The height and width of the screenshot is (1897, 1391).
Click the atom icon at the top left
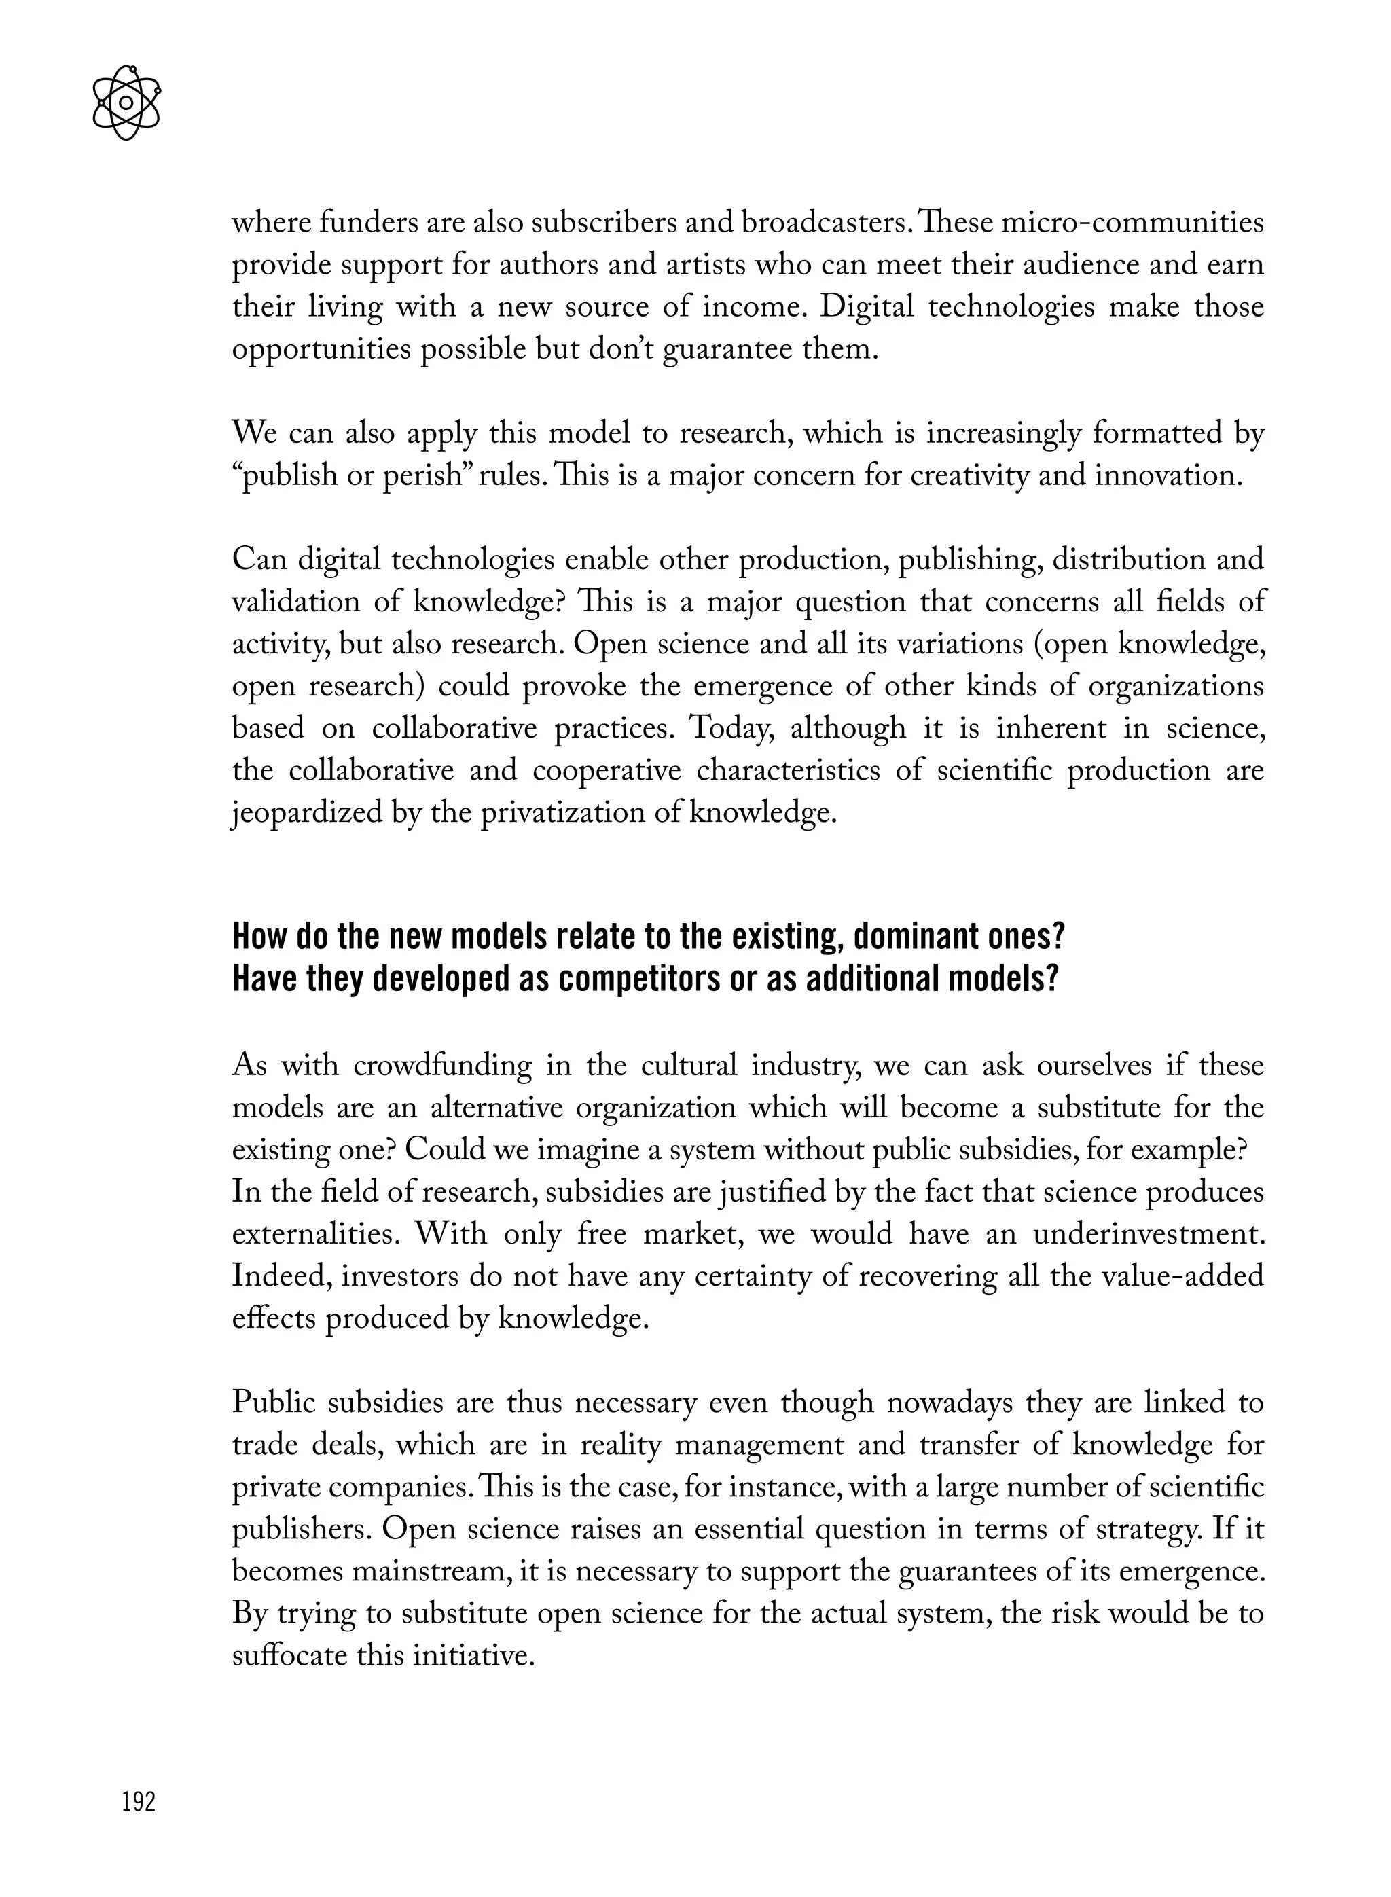pos(126,103)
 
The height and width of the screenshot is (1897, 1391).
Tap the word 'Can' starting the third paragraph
pos(257,559)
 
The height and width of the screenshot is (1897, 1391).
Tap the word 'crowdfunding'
pos(443,1066)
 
